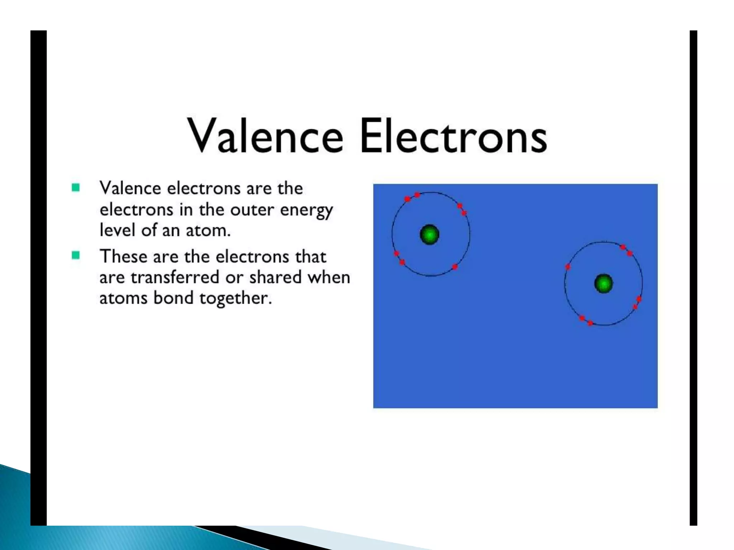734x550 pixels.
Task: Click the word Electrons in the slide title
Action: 453,136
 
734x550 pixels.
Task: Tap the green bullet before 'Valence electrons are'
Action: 76,188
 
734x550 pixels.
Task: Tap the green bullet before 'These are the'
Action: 76,256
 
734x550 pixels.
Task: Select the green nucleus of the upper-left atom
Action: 429,235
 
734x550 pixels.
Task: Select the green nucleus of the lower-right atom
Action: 604,284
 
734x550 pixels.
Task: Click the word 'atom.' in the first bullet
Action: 208,230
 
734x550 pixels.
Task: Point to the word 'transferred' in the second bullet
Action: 175,278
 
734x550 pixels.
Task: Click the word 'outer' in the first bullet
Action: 252,210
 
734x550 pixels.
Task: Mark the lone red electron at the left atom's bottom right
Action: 455,267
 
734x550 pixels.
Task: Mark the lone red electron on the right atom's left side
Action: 568,267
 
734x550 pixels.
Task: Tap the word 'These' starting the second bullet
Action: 123,257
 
